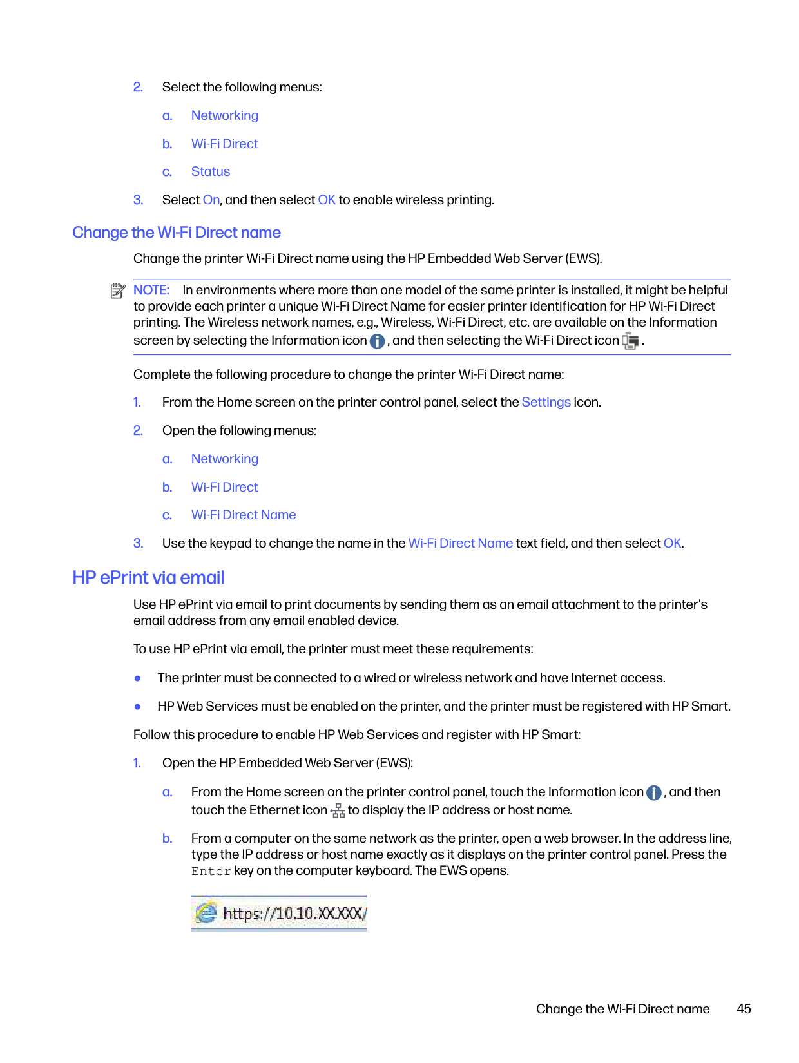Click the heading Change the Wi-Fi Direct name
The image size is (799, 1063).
point(176,233)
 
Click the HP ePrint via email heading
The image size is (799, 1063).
point(148,577)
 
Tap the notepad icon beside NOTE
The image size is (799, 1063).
point(117,291)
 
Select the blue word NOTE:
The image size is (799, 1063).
point(151,291)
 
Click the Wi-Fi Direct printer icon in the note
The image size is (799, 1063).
point(631,341)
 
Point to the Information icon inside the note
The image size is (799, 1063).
point(378,341)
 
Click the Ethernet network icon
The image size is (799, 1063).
point(338,811)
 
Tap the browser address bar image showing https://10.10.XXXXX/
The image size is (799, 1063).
point(279,914)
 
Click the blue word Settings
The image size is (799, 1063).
point(546,403)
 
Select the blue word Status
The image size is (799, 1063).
point(211,172)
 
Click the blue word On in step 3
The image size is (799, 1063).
point(211,200)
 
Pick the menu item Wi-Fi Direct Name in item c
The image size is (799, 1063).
point(244,515)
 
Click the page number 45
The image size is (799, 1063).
point(744,1009)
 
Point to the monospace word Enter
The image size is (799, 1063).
point(211,872)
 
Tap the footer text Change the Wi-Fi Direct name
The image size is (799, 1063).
point(622,1009)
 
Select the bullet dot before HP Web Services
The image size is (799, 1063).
point(137,707)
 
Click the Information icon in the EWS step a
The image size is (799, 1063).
point(654,793)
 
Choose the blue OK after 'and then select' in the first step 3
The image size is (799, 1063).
point(327,200)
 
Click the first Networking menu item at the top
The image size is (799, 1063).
point(225,116)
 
